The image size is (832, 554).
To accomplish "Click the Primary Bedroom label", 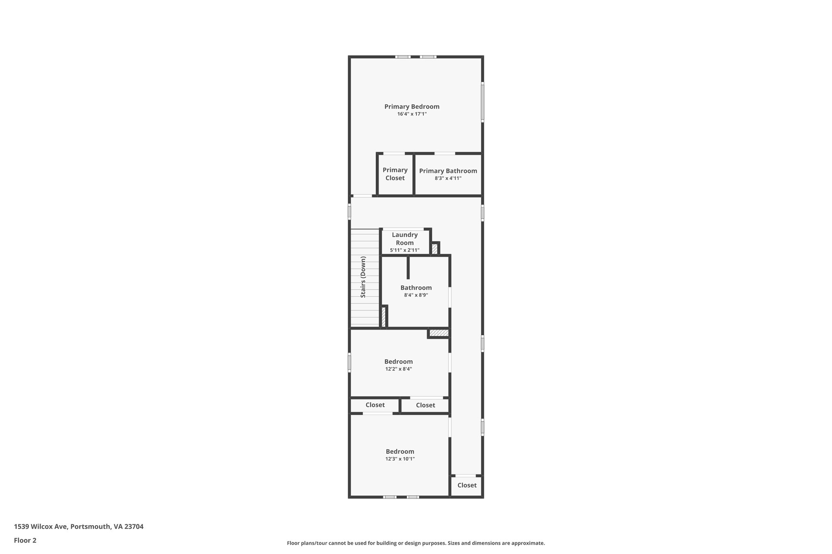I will point(412,107).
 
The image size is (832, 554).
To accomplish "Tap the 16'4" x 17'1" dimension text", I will point(412,114).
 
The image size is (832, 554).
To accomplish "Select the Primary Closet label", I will point(395,174).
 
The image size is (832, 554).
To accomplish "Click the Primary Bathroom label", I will point(448,171).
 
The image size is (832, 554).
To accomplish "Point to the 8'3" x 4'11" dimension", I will point(448,178).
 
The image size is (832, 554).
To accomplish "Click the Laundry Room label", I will point(405,239).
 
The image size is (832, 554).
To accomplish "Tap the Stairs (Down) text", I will point(363,277).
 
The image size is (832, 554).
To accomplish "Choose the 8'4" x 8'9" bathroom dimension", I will point(416,295).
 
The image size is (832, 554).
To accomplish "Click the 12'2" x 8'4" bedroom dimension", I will point(398,369).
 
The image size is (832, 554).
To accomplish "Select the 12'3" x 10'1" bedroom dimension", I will point(400,459).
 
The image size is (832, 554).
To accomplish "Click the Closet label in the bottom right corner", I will point(467,485).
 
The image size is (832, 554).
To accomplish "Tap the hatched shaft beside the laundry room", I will point(435,249).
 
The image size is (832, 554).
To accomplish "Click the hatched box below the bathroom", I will point(439,333).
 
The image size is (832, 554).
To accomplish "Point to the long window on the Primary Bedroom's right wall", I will point(482,102).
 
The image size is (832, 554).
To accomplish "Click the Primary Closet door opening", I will point(394,153).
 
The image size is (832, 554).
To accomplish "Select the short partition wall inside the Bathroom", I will point(408,267).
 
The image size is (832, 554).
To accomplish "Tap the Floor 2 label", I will point(25,541).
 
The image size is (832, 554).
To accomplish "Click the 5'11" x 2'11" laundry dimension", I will point(405,250).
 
